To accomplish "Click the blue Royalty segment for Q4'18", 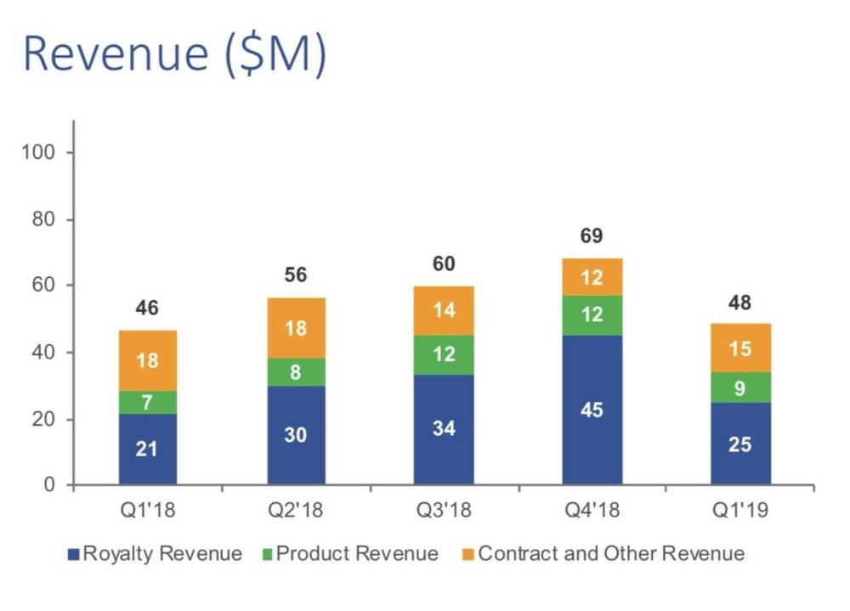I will [x=592, y=410].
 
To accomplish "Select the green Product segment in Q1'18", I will [x=148, y=403].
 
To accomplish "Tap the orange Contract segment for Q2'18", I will [x=296, y=328].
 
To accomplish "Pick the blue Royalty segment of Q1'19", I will [x=740, y=444].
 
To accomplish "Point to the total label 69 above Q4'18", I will [x=592, y=237].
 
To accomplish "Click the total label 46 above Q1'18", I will [x=148, y=308].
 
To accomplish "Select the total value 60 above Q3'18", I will [x=443, y=264].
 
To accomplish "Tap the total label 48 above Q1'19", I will [x=740, y=303].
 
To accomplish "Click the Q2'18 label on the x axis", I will [x=296, y=511].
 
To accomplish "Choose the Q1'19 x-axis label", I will [x=740, y=511].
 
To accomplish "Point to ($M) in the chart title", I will [x=273, y=54].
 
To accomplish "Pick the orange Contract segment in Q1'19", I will [x=740, y=348].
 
